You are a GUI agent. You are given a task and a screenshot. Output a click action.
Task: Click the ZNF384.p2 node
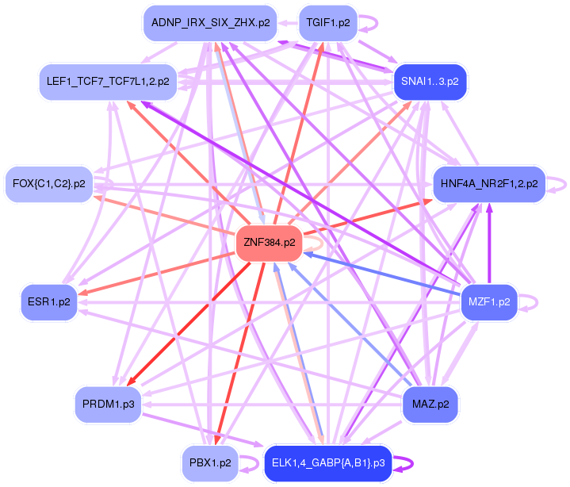coord(269,243)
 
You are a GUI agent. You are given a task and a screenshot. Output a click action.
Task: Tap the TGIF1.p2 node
coord(327,23)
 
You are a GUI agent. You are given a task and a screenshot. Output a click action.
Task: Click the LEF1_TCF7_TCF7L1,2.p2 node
coord(108,82)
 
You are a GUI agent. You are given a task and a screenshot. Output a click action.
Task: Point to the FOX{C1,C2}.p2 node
coord(49,184)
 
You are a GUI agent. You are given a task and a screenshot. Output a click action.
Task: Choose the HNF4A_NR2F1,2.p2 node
coord(488,184)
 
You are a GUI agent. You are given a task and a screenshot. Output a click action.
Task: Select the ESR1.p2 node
coord(49,301)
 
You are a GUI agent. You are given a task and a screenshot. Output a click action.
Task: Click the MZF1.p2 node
coord(489,301)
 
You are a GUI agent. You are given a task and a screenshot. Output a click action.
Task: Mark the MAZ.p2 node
coord(430,405)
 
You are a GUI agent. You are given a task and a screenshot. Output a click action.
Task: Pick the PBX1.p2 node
coord(210,462)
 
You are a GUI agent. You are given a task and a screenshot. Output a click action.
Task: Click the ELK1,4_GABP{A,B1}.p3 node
coord(328,462)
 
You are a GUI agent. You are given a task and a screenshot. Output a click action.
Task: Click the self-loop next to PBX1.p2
coord(251,462)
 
